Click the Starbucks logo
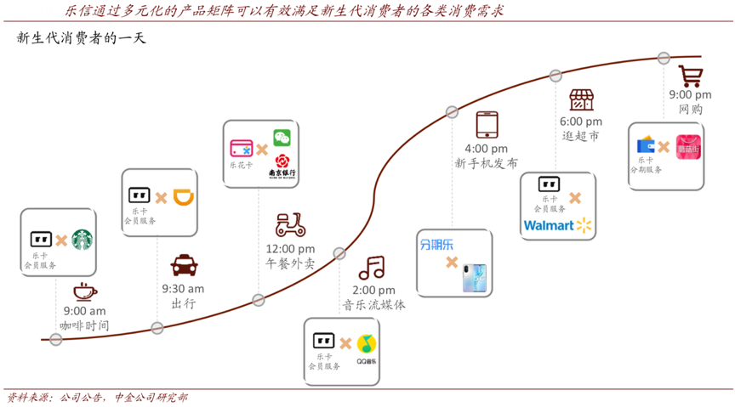pyautogui.click(x=83, y=240)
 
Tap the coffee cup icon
pyautogui.click(x=84, y=291)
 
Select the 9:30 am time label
pyautogui.click(x=183, y=289)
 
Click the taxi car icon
pyautogui.click(x=182, y=265)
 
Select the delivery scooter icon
pyautogui.click(x=290, y=225)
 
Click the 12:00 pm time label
pyautogui.click(x=290, y=249)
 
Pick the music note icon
pyautogui.click(x=373, y=269)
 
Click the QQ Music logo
pyautogui.click(x=367, y=346)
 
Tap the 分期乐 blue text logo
pyautogui.click(x=437, y=245)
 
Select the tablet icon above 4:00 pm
pyautogui.click(x=487, y=124)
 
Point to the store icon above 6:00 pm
pyautogui.click(x=581, y=100)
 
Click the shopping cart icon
pyautogui.click(x=690, y=76)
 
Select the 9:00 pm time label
pyautogui.click(x=690, y=95)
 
